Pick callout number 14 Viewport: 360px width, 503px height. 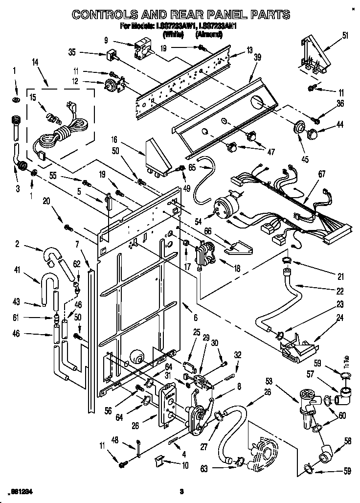coord(34,62)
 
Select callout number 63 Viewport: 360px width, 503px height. coord(203,468)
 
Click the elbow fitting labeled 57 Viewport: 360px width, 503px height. coord(345,394)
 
